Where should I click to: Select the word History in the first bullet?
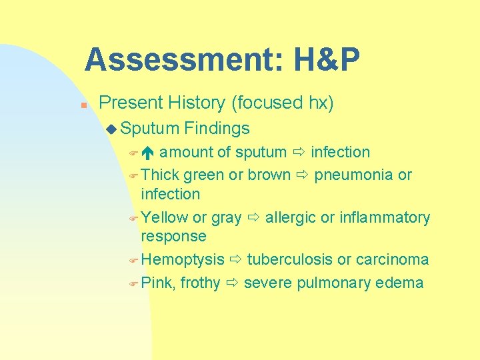(x=199, y=103)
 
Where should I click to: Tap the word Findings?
(x=217, y=128)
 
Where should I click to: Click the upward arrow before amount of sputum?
(x=148, y=153)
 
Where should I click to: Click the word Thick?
(x=160, y=175)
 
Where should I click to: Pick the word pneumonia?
(x=353, y=175)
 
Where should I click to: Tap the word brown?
(x=269, y=175)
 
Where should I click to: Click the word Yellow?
(x=164, y=217)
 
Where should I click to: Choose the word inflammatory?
(x=385, y=217)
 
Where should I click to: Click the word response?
(x=173, y=236)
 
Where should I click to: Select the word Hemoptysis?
(x=183, y=259)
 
